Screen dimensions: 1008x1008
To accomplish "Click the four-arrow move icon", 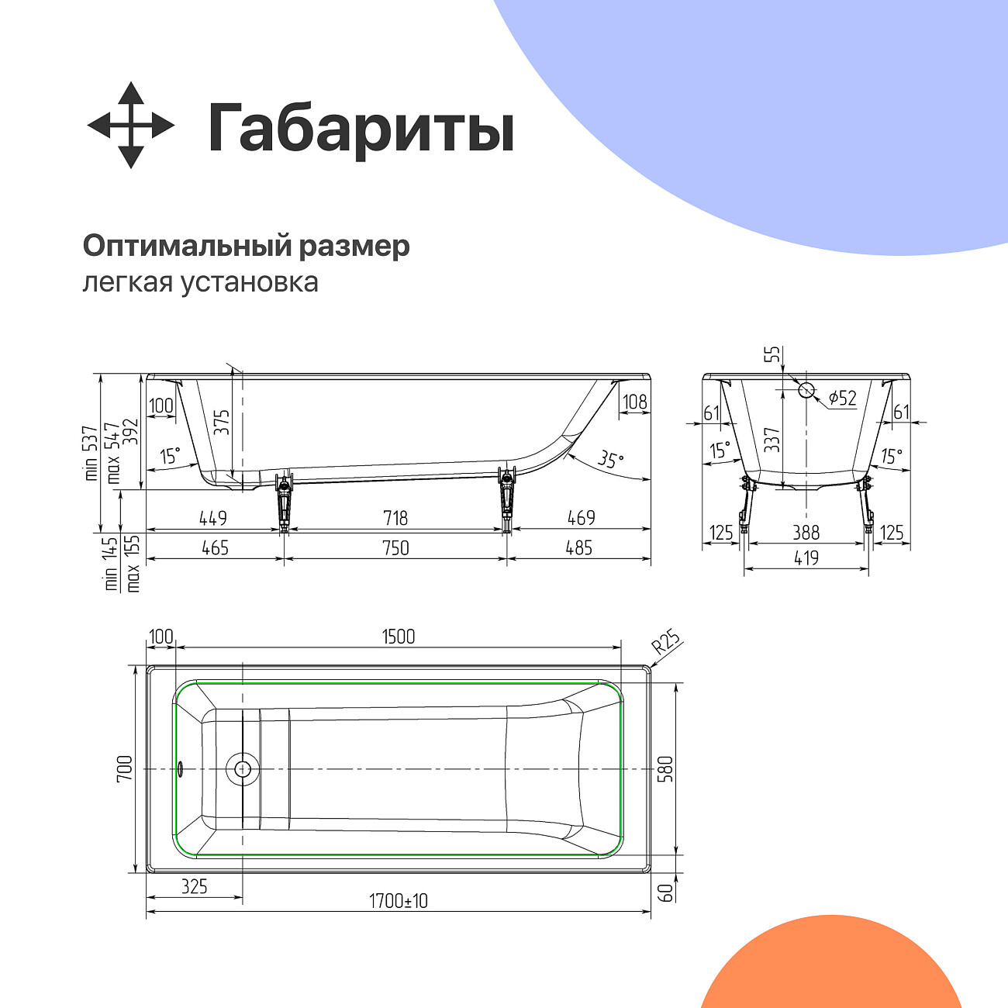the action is [130, 125].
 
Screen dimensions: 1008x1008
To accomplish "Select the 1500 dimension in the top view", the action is [399, 637].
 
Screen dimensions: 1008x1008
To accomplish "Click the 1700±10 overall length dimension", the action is [398, 901].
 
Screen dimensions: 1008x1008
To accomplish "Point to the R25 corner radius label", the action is [665, 643].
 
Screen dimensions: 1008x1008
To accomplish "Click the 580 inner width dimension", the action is [665, 768].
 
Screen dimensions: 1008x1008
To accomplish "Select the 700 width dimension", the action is [126, 768].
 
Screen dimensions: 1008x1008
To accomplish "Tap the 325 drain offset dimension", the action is [194, 885].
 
